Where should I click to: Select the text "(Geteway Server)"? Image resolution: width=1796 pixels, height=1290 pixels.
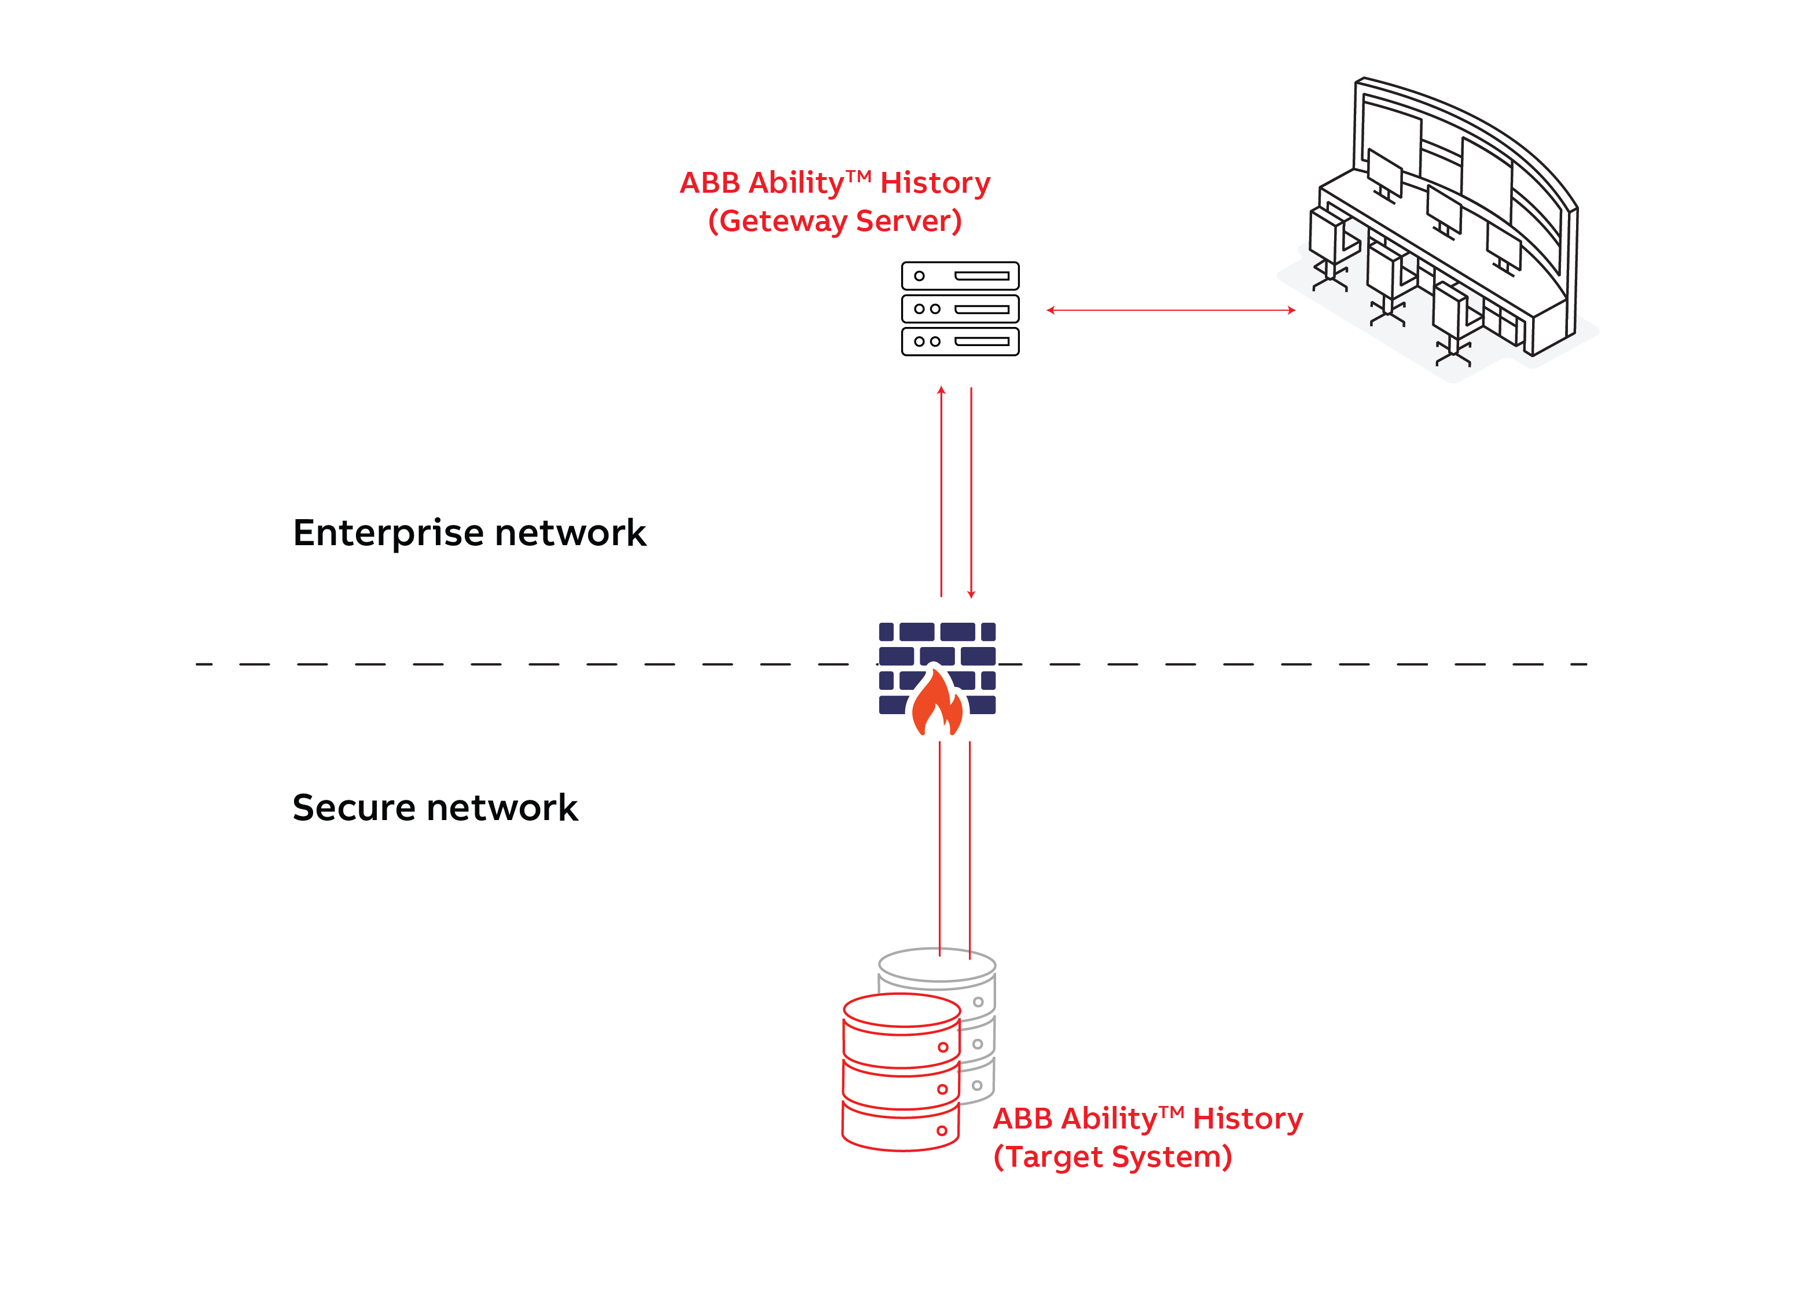pyautogui.click(x=834, y=221)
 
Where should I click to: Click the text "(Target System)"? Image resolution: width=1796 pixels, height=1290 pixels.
pyautogui.click(x=1112, y=1157)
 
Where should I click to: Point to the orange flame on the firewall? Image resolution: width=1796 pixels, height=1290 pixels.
pyautogui.click(x=937, y=705)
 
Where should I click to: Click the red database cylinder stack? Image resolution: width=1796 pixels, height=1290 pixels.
pyautogui.click(x=901, y=1073)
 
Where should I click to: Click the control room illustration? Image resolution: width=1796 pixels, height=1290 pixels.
pyautogui.click(x=1441, y=230)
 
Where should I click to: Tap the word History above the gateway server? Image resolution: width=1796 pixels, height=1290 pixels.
pyautogui.click(x=935, y=183)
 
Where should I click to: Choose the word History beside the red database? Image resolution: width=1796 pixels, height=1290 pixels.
pyautogui.click(x=1247, y=1119)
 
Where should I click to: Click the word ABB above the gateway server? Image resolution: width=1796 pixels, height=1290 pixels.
pyautogui.click(x=709, y=183)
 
